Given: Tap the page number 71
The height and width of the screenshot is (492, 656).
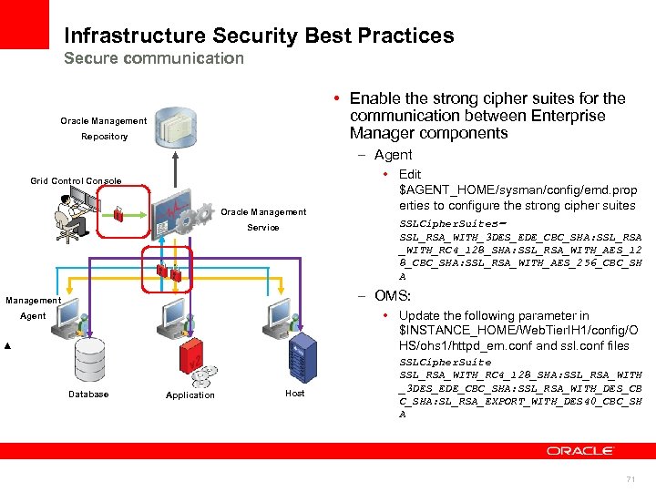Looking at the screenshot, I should click(x=630, y=478).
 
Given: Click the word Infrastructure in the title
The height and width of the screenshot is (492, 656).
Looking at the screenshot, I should click(x=135, y=36).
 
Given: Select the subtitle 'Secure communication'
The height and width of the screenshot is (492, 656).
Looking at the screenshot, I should click(x=154, y=58).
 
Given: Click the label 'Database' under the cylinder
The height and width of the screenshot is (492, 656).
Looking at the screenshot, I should click(x=88, y=395).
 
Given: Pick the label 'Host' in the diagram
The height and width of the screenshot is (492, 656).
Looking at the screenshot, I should click(x=295, y=394).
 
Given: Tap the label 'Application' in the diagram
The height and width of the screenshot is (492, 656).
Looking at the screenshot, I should click(x=190, y=395).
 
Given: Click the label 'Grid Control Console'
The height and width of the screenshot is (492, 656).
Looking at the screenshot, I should click(x=76, y=180).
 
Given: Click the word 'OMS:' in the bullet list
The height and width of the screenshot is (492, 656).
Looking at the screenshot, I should click(x=393, y=296).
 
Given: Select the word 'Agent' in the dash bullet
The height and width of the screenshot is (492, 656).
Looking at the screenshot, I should click(x=393, y=155).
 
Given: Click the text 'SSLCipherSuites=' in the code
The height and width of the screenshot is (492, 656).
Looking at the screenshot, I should click(x=451, y=224).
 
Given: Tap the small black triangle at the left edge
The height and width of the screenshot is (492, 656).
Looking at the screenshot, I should click(x=7, y=348).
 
